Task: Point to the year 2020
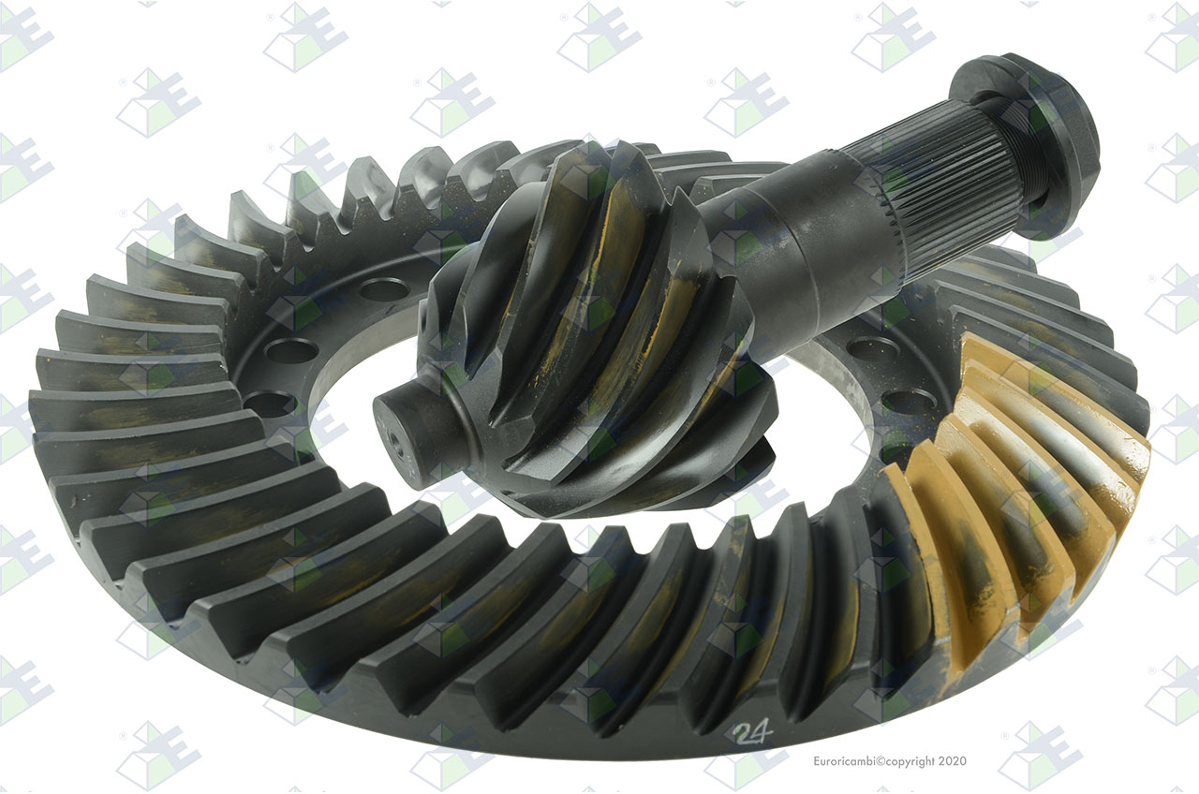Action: tap(953, 761)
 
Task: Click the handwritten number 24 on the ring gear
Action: tap(754, 732)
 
